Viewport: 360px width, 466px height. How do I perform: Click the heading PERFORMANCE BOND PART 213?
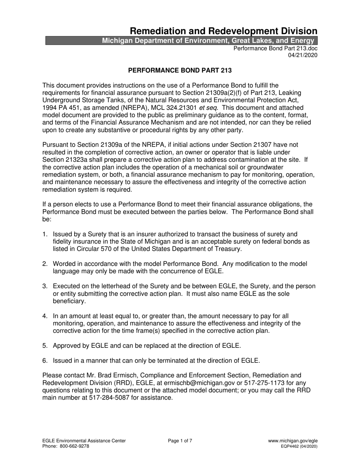pyautogui.click(x=180, y=70)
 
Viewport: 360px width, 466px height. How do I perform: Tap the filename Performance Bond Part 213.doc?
pyautogui.click(x=275, y=48)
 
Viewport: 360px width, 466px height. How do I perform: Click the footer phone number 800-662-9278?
pyautogui.click(x=75, y=446)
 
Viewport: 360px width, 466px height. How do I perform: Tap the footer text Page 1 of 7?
pyautogui.click(x=180, y=441)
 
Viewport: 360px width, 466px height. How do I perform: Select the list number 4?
pyautogui.click(x=45, y=316)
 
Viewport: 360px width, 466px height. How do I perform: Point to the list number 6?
pyautogui.click(x=45, y=360)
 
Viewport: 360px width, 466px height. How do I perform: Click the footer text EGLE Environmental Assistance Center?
pyautogui.click(x=84, y=441)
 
